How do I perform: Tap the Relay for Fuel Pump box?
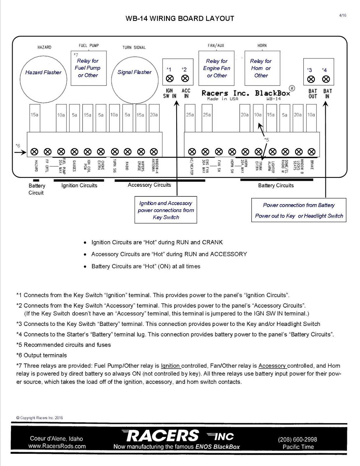coord(89,68)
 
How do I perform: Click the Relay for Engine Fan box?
coord(216,68)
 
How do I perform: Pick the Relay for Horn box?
coord(262,68)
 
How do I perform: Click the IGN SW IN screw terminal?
coord(170,79)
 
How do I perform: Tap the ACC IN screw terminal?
coord(185,79)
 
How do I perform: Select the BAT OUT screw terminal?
coord(311,79)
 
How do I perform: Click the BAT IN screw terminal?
coord(326,79)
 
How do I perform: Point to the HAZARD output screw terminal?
coord(35,152)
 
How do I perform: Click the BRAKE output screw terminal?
coord(312,152)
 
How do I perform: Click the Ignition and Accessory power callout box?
coord(166,210)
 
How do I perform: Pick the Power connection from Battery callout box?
coord(299,210)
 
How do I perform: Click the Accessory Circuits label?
coord(149,185)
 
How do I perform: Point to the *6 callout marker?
coord(18,146)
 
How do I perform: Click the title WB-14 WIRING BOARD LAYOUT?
coord(180,19)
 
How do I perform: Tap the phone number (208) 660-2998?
coord(297,439)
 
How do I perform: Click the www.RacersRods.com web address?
coord(57,446)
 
